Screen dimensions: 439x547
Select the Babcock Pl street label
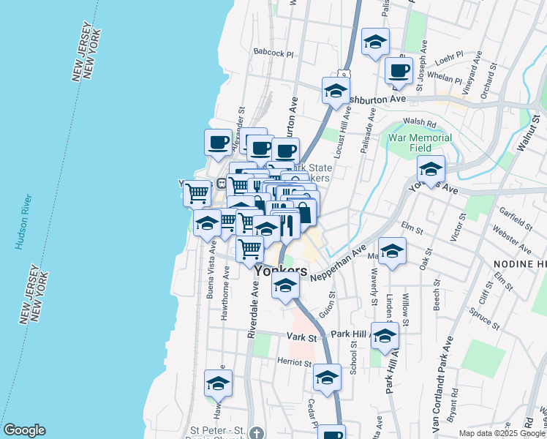[273, 53]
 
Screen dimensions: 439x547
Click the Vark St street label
[301, 338]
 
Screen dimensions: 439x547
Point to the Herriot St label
[295, 362]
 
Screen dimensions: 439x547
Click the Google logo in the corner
[24, 430]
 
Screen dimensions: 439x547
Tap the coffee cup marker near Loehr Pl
[399, 71]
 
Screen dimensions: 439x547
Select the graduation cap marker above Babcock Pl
[375, 42]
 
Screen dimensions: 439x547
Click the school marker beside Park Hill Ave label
[385, 336]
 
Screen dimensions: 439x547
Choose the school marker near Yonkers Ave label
[431, 169]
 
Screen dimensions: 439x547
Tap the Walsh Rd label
[418, 124]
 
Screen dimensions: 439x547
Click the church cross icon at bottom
[254, 433]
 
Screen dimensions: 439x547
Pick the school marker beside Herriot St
[328, 378]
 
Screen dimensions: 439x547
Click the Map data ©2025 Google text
[502, 433]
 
